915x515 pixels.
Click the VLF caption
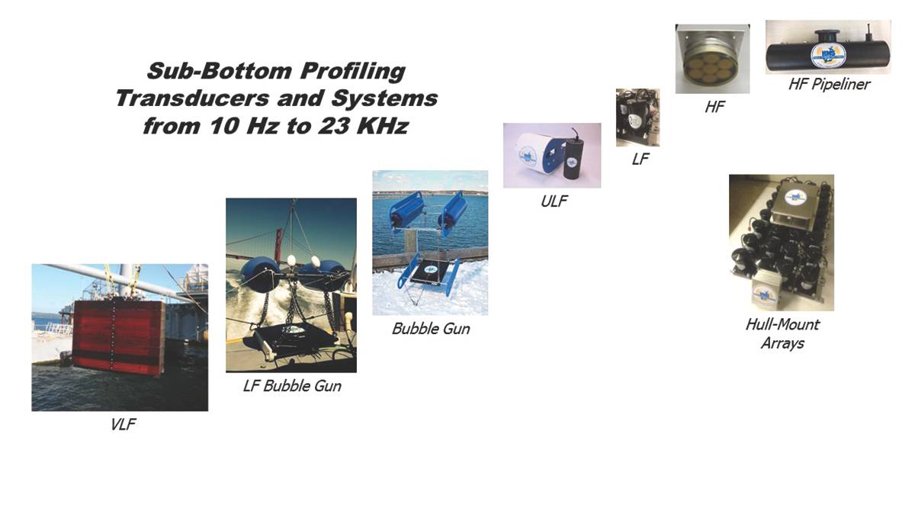click(x=123, y=425)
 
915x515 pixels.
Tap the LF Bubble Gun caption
click(x=291, y=386)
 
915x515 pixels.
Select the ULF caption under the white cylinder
click(x=554, y=201)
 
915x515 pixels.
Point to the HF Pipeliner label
click(x=829, y=85)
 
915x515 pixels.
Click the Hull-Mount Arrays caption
click(x=782, y=333)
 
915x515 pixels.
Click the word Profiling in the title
click(x=353, y=72)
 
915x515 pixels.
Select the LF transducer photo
click(x=637, y=117)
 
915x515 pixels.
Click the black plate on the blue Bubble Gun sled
click(x=429, y=272)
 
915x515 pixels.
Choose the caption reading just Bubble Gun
click(x=431, y=329)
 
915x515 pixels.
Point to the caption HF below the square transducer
click(x=714, y=107)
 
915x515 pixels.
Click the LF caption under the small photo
click(x=640, y=159)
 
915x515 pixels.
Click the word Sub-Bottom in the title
click(x=220, y=72)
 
